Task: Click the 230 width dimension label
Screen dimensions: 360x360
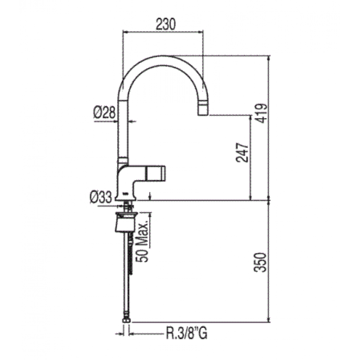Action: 166,24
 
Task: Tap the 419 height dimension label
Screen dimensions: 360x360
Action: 261,113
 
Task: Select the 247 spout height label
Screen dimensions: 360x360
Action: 242,153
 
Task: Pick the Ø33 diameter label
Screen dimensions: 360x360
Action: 101,197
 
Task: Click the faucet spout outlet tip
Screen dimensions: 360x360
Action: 203,114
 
